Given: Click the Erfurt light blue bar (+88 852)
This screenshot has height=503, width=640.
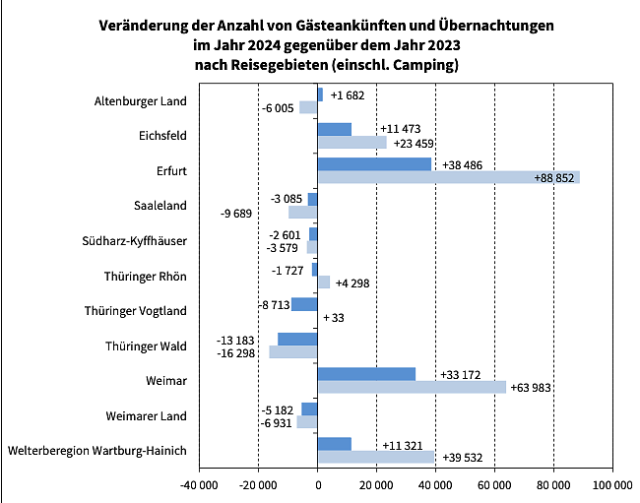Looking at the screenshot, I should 448,177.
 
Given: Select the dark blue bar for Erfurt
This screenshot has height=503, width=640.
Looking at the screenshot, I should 374,164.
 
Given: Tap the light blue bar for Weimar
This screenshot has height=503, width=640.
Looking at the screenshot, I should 412,387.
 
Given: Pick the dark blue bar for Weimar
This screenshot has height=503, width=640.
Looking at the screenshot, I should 366,374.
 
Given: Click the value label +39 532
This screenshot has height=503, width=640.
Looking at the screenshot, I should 466,458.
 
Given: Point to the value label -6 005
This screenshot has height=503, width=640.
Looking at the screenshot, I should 277,107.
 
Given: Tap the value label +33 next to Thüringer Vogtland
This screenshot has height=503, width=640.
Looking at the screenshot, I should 334,318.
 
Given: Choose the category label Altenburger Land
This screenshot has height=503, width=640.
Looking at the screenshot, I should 140,100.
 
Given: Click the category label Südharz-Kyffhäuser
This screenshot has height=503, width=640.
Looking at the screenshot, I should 134,241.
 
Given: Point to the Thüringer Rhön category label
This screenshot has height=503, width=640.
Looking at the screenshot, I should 145,277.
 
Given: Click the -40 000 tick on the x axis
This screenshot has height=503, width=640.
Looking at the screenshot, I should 200,484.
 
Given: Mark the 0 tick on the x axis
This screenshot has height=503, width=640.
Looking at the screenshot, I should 317,484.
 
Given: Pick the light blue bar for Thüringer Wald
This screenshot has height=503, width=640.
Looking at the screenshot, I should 293,351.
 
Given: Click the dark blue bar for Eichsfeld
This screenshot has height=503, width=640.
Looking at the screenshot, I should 335,129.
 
